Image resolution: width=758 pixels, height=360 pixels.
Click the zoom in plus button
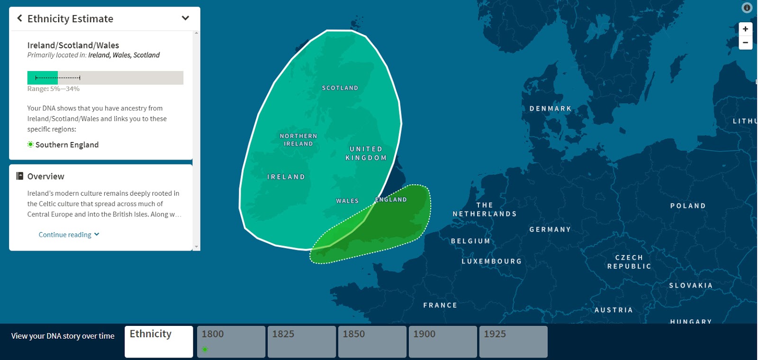pos(745,29)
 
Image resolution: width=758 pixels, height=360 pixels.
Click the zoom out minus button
pos(745,43)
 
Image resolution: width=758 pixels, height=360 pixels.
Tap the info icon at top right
pos(747,8)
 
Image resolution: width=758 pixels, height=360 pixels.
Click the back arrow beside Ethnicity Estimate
pos(19,18)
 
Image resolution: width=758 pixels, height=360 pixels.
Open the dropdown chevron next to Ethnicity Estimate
pos(185,18)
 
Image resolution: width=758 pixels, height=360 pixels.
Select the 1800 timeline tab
pos(231,341)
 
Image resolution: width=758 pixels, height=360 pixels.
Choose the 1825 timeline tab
pos(301,341)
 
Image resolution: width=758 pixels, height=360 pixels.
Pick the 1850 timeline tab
pos(372,341)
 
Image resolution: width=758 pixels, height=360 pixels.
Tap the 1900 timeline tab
pos(442,341)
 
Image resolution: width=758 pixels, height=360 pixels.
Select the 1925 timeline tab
pos(513,341)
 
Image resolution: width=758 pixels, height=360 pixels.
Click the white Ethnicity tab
pos(159,341)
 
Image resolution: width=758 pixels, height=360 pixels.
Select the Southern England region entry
pos(67,145)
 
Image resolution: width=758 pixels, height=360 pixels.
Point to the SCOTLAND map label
pos(340,88)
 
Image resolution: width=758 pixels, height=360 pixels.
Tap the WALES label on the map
pos(347,201)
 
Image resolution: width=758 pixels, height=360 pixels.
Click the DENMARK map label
pos(550,109)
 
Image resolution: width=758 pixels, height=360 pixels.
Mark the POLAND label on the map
pos(688,206)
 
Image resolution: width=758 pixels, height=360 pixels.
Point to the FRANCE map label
pos(440,306)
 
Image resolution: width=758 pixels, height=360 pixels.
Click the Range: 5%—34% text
pos(54,89)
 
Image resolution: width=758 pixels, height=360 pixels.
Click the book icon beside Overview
pos(19,176)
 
